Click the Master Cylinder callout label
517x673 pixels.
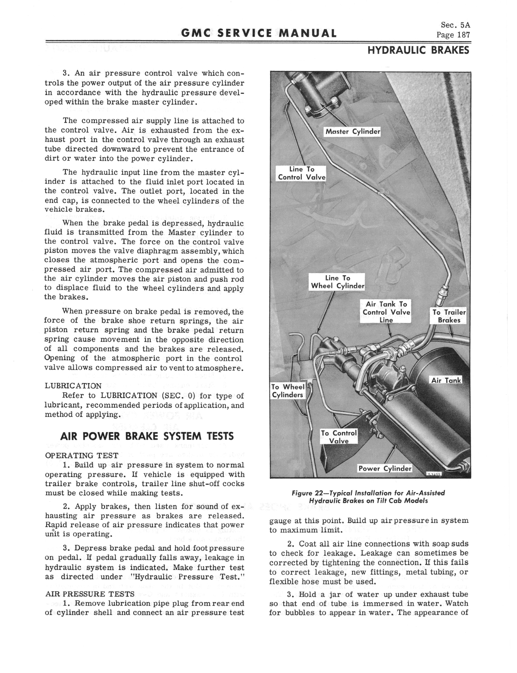coord(353,132)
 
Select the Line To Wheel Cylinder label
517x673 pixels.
coord(337,282)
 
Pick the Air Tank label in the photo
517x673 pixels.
coord(446,380)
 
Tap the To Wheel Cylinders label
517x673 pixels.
coord(288,391)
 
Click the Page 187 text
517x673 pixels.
coord(453,35)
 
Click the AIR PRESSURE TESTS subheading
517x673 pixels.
coord(90,594)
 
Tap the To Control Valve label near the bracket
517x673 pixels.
coord(339,437)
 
